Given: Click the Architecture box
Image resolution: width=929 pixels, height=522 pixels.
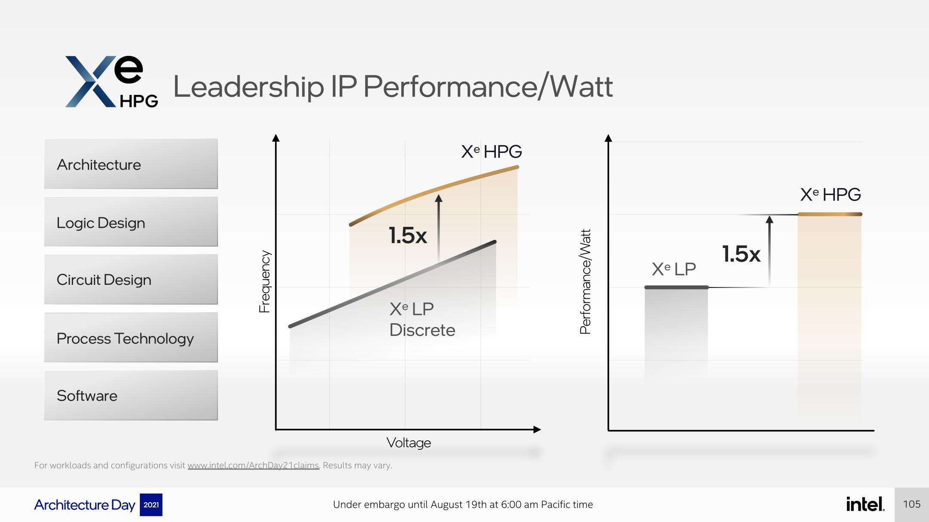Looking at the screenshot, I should click(131, 164).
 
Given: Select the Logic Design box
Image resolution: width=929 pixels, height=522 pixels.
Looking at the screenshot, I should click(131, 222).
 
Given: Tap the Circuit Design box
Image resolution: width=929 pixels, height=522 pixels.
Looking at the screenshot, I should click(131, 279).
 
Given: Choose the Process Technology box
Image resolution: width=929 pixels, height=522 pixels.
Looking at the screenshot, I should click(131, 337).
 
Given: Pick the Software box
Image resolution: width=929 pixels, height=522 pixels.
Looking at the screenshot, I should click(131, 395).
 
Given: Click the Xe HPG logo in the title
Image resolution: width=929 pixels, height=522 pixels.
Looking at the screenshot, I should click(111, 82).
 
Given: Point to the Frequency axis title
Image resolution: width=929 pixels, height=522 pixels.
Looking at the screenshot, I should click(265, 281).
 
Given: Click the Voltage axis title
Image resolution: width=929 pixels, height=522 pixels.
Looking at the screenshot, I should click(409, 443).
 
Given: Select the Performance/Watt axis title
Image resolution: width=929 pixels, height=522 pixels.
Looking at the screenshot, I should click(585, 281).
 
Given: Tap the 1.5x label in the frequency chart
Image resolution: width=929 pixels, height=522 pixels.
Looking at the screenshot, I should click(407, 235).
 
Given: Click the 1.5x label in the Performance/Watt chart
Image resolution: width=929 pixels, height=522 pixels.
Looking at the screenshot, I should click(741, 254).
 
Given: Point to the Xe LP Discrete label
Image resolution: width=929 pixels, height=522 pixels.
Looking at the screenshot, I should click(421, 319).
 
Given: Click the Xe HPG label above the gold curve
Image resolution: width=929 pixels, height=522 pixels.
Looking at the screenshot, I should click(491, 151).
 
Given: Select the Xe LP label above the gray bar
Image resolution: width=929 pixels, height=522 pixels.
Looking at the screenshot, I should click(674, 269).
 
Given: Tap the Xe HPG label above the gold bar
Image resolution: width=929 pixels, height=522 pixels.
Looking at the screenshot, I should click(830, 195).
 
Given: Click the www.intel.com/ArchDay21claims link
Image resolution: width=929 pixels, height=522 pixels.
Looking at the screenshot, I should click(253, 465).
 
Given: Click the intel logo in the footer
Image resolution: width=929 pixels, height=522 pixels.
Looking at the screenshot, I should click(865, 504).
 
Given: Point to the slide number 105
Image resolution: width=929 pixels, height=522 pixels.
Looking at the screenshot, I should click(911, 504).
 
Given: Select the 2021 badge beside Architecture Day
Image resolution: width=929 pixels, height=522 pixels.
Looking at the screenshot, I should click(151, 505).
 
